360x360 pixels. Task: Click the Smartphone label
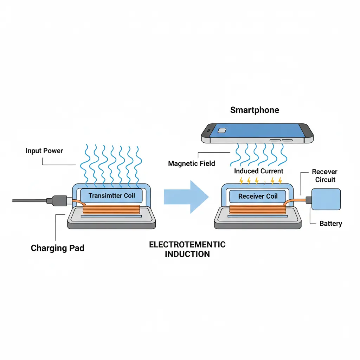(x=255, y=110)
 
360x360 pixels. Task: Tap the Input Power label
(x=44, y=151)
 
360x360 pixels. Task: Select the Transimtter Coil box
(x=111, y=195)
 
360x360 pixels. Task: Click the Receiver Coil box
(x=258, y=196)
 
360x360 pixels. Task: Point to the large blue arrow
(x=186, y=197)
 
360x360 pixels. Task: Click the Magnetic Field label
(x=191, y=163)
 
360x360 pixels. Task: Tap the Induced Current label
(x=258, y=171)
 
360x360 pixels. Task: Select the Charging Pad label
(x=58, y=248)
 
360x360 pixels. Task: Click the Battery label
(x=330, y=224)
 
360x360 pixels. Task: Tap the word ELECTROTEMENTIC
(x=187, y=245)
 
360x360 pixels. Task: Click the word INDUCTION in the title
(x=187, y=254)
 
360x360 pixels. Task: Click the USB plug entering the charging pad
(x=58, y=200)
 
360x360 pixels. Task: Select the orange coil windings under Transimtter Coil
(x=111, y=210)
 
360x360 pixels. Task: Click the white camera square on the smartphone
(x=222, y=130)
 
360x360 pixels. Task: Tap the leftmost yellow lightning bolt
(x=241, y=181)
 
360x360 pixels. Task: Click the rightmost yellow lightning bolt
(x=280, y=181)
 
